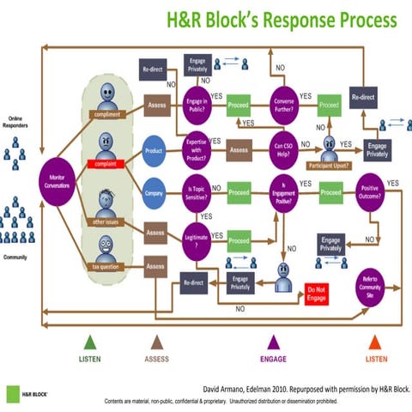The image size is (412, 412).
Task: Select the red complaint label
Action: coord(105,162)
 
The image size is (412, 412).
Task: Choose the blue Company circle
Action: coord(154,192)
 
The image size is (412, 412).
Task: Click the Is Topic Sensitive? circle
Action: coord(198,192)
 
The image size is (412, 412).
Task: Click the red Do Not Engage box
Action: coord(315,295)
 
